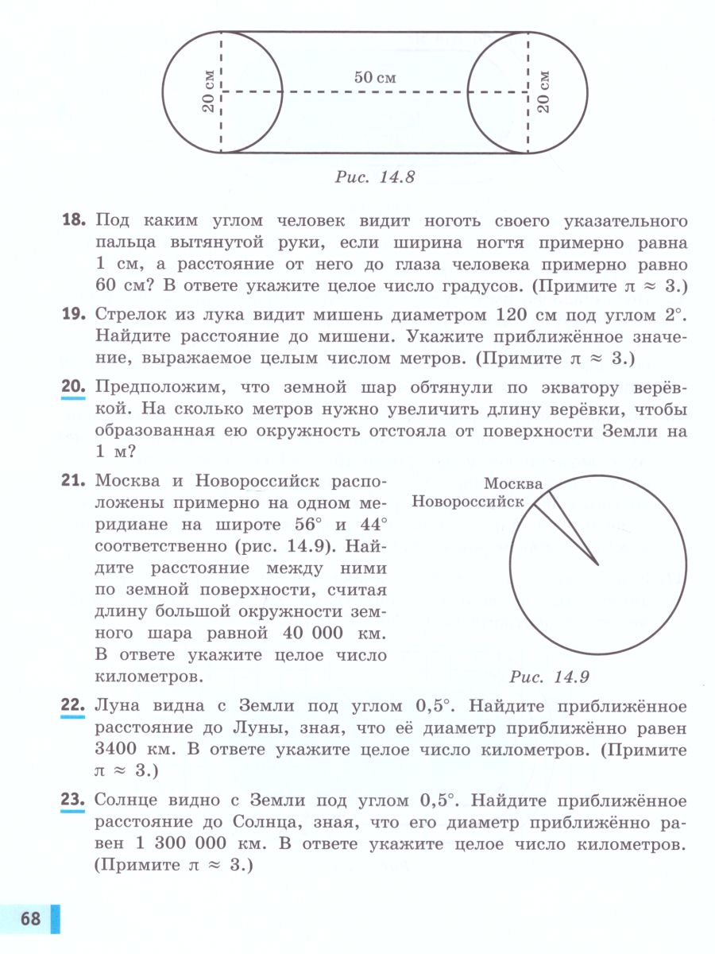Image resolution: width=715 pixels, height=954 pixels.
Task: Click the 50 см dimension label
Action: [x=375, y=78]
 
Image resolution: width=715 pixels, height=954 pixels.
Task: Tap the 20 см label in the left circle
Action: [x=208, y=91]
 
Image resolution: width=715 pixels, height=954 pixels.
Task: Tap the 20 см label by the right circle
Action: [x=544, y=91]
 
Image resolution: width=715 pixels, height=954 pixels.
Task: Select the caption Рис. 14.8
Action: [x=375, y=176]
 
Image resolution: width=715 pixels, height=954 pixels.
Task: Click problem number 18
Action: [x=74, y=220]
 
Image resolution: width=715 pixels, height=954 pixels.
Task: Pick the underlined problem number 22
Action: [x=74, y=707]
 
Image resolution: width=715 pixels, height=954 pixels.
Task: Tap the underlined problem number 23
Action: [x=74, y=801]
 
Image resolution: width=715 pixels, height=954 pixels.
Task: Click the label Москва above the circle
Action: [x=513, y=483]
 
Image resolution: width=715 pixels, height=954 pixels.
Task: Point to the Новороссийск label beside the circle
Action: [x=468, y=502]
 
